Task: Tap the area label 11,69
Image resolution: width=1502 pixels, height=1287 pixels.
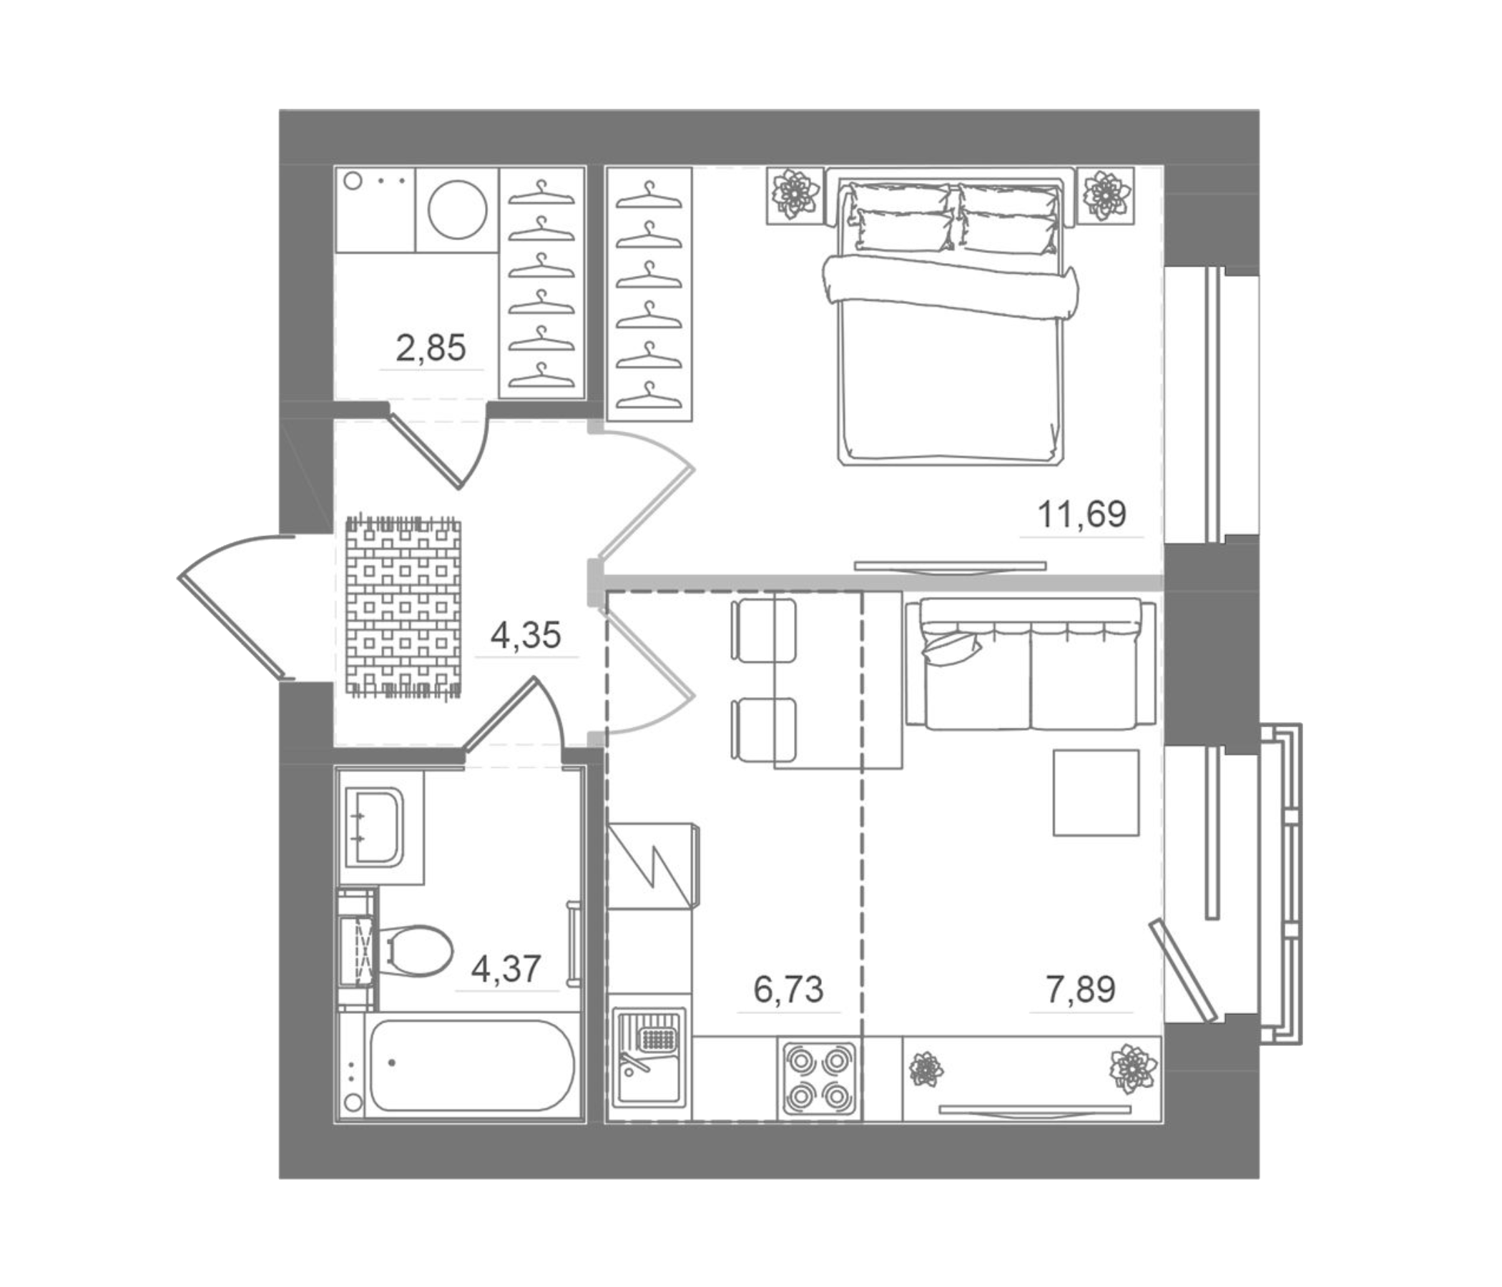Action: [1081, 515]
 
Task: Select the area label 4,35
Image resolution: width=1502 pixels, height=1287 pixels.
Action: [526, 636]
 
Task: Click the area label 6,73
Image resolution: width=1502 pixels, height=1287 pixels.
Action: [788, 989]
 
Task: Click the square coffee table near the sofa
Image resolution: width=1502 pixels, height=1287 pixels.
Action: [1096, 793]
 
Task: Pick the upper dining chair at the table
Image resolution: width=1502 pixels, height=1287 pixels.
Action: [762, 628]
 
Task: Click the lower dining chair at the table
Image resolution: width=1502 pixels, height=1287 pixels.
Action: [762, 727]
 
